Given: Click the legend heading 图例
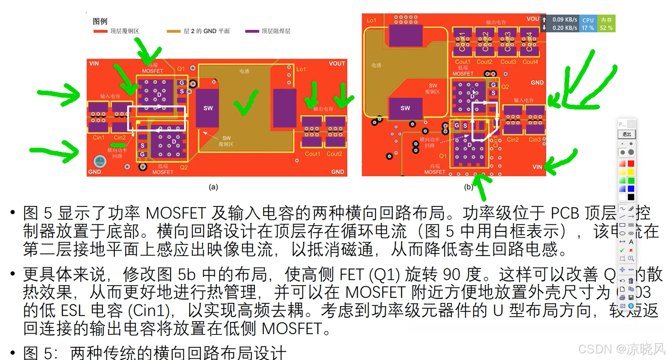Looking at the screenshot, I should pos(100,21).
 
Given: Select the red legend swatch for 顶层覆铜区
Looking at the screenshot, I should pos(100,31).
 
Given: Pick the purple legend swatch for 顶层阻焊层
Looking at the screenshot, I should pos(252,31).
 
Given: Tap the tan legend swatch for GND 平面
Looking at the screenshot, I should pos(173,31).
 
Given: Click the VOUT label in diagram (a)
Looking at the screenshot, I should pos(337,64).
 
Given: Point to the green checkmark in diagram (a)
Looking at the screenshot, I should pos(246,103).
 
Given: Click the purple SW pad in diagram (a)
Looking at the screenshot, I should pos(208,108).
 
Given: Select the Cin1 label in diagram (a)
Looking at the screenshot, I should pos(98,138).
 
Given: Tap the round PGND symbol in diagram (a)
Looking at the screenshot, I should pos(100,162).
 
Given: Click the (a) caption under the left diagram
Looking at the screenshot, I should pos(213,187).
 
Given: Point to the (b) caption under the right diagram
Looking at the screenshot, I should pos(469,187).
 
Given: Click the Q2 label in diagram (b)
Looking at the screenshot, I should pos(505,87).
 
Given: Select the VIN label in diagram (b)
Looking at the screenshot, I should pos(537,167).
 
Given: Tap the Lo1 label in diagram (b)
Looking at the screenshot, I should pos(371,21).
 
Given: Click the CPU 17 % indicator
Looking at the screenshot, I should pos(588,24).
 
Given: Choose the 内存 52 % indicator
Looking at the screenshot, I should pos(606,24).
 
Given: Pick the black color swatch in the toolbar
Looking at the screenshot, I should pos(631,197).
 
